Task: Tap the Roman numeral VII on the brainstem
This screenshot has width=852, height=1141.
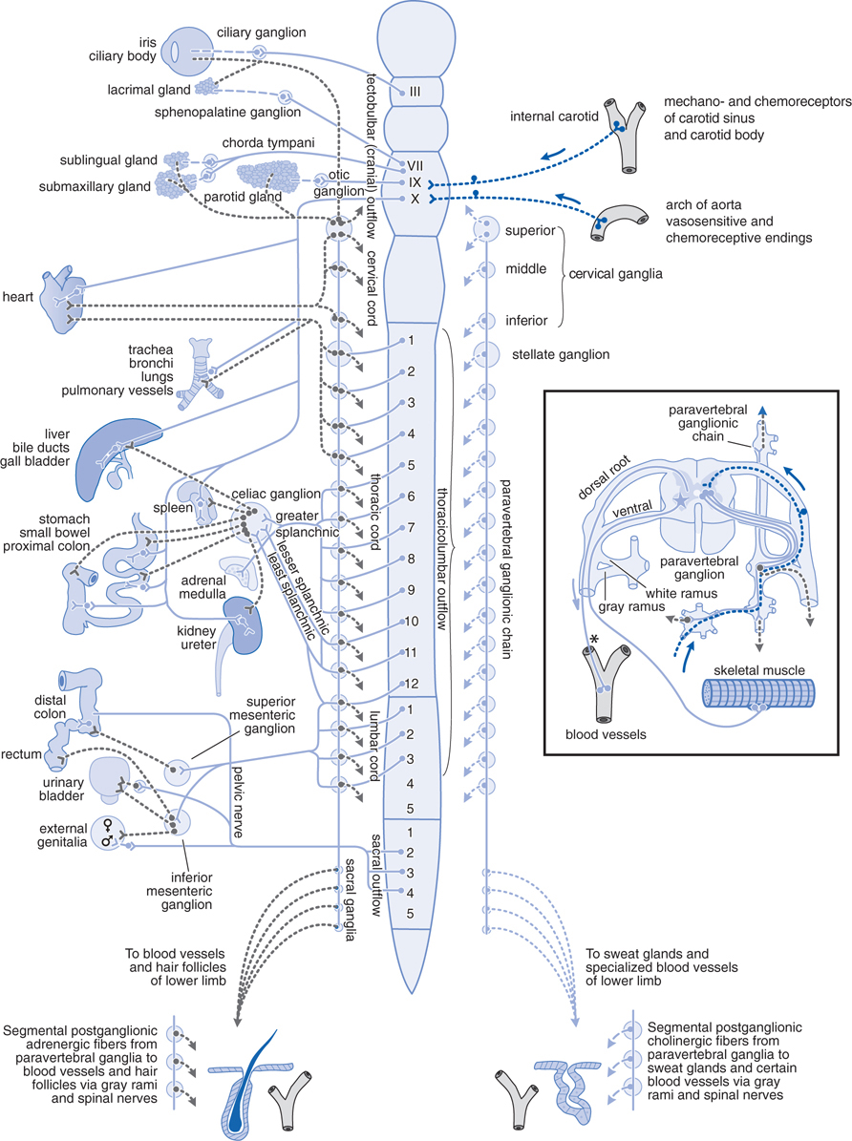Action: pyautogui.click(x=415, y=165)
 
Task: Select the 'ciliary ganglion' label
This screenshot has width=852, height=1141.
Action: pyautogui.click(x=261, y=32)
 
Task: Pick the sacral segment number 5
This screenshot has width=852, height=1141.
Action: pyautogui.click(x=410, y=914)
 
